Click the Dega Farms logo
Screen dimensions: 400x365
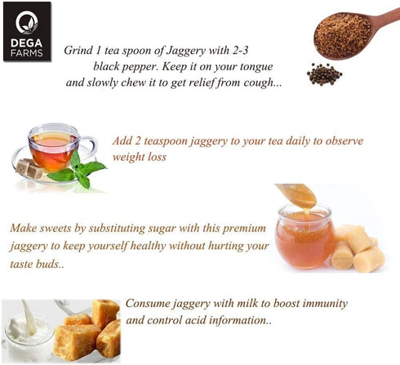pos(27,32)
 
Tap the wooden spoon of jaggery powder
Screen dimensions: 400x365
pos(351,34)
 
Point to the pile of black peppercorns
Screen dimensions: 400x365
pos(324,74)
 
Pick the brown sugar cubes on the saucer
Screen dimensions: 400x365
pos(29,168)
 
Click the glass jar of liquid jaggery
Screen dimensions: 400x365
pos(304,236)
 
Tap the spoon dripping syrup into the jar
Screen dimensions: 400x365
pos(296,194)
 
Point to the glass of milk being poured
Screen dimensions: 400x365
pos(27,331)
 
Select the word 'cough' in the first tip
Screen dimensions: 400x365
pos(263,82)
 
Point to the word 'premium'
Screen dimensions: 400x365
pos(244,229)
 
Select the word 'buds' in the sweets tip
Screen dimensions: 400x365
pos(51,264)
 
